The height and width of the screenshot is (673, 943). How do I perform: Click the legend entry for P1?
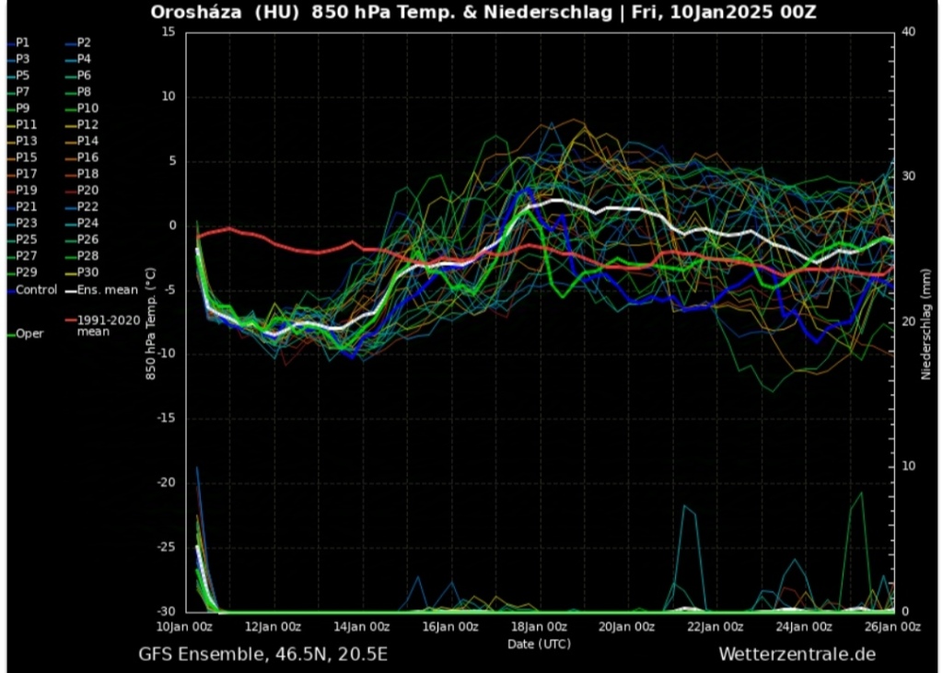click(x=22, y=42)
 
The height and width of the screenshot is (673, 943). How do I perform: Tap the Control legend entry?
click(x=36, y=289)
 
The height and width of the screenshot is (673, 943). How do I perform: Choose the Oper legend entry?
click(x=29, y=333)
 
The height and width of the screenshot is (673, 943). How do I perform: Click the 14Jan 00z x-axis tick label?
click(x=361, y=627)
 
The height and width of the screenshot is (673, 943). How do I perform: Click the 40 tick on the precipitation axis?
click(x=908, y=32)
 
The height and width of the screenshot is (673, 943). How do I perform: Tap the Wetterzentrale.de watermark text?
click(x=797, y=655)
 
